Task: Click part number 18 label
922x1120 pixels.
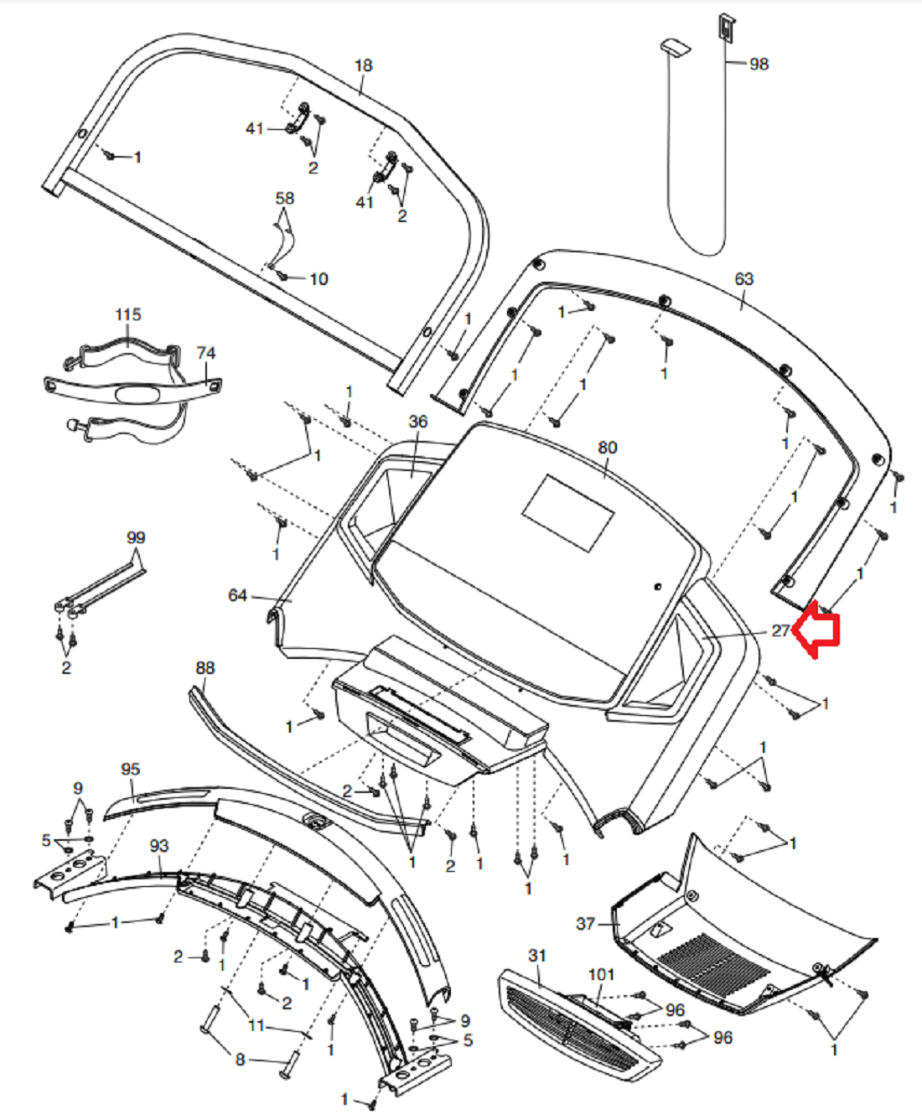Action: click(x=363, y=65)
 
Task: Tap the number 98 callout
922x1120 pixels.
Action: click(x=759, y=65)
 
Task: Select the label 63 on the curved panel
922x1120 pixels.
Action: click(x=743, y=279)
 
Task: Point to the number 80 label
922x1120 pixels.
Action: click(x=608, y=448)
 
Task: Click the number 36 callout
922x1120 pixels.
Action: click(x=418, y=422)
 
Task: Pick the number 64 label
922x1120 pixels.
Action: click(x=238, y=595)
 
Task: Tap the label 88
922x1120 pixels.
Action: click(x=205, y=668)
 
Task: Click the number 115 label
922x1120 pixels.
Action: click(x=128, y=314)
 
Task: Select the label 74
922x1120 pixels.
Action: click(x=206, y=353)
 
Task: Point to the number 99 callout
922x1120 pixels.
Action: click(x=136, y=538)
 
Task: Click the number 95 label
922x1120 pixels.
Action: click(x=131, y=770)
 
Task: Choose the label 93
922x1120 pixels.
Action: click(x=159, y=847)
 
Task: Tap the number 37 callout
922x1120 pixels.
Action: click(x=586, y=924)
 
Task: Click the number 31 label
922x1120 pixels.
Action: click(x=537, y=956)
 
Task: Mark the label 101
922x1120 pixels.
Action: click(x=601, y=975)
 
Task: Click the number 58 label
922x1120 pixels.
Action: click(x=285, y=199)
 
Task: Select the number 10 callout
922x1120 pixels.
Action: click(x=319, y=279)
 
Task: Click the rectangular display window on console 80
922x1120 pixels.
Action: click(x=567, y=513)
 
